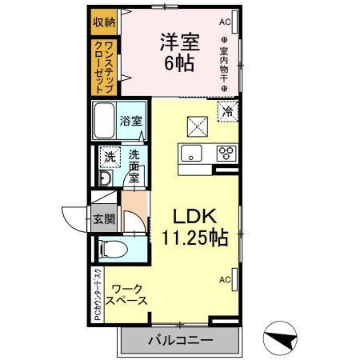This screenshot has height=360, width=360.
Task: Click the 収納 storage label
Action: coord(104,21)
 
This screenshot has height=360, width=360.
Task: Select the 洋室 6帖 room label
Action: coord(179,53)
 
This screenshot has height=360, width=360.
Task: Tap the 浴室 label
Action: coord(132,122)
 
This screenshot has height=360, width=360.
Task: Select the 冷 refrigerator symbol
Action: coord(228,111)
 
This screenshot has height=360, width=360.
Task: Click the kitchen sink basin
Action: coord(192,153)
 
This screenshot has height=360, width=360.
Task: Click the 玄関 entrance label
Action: coord(104,218)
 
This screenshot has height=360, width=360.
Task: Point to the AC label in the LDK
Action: coord(224,279)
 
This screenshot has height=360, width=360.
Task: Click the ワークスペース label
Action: coord(128,294)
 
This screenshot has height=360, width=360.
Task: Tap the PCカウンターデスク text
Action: coord(96,294)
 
